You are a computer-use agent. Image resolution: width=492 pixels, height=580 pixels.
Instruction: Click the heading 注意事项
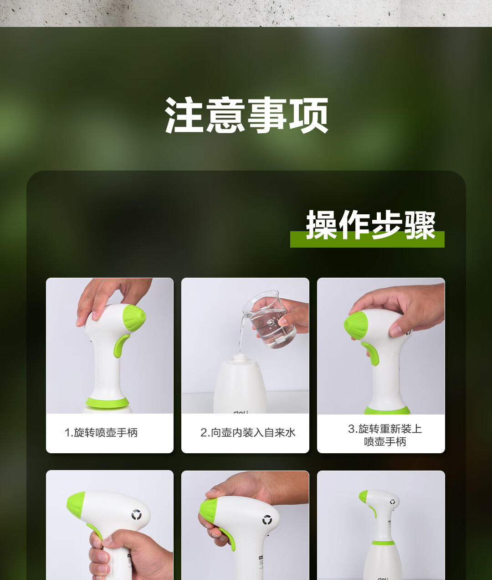click(246, 115)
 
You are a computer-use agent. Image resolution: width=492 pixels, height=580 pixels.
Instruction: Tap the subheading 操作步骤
click(371, 225)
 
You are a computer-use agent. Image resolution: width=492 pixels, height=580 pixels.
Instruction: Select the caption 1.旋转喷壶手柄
click(101, 432)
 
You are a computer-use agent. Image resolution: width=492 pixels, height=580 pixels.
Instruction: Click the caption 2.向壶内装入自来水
click(248, 432)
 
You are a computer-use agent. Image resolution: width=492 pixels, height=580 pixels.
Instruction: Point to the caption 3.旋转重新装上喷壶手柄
click(385, 435)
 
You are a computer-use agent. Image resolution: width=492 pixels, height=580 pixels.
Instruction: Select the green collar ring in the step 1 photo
click(106, 403)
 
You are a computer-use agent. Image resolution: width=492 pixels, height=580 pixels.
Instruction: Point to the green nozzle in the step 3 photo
click(355, 325)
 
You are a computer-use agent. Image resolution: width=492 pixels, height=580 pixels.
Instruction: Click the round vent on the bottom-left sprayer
click(137, 515)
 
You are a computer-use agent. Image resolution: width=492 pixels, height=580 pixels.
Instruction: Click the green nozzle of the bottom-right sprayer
click(364, 497)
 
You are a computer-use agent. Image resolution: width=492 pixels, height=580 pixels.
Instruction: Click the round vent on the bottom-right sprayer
click(393, 502)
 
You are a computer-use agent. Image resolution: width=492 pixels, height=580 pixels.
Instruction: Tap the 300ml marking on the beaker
click(278, 336)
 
